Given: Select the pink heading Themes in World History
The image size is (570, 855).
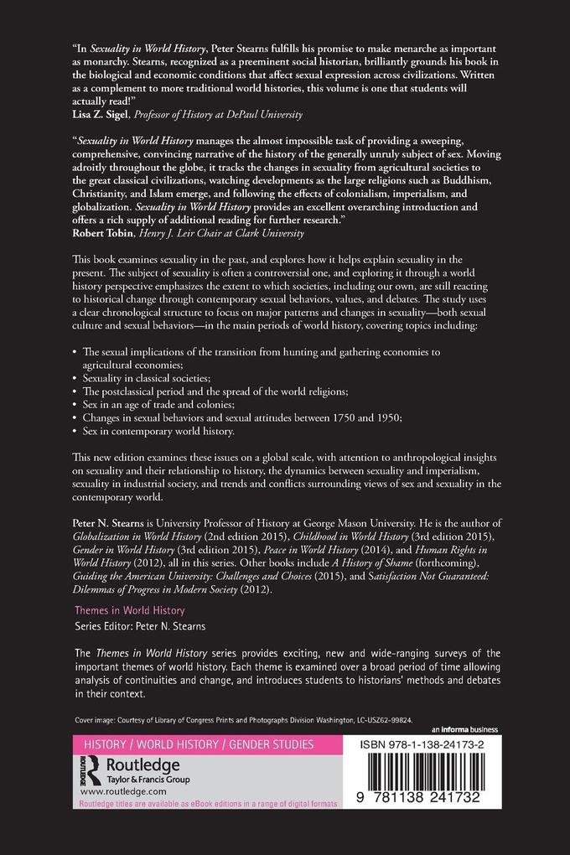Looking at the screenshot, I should tap(130, 611).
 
